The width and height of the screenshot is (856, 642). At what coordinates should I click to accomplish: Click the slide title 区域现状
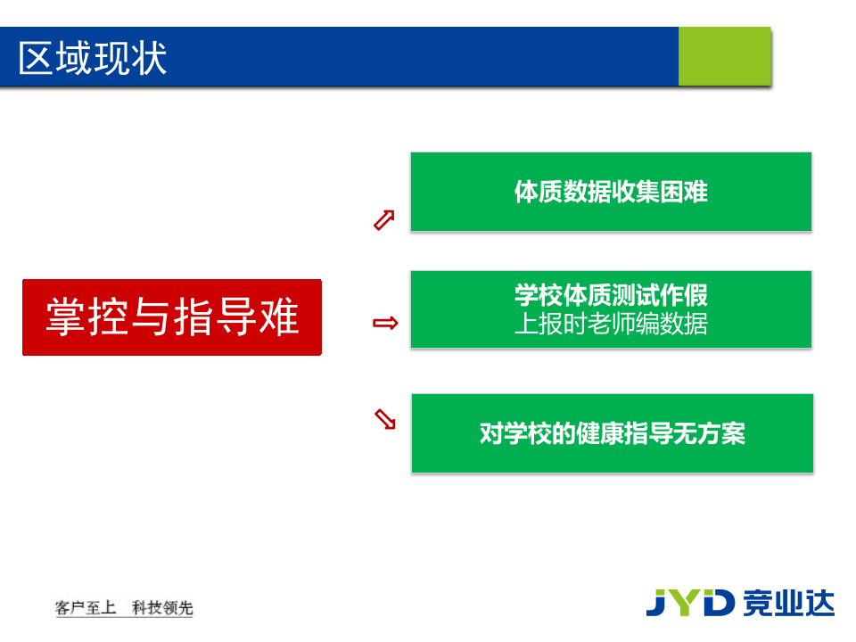click(x=93, y=58)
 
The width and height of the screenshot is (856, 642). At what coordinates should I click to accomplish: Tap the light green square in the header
click(x=723, y=56)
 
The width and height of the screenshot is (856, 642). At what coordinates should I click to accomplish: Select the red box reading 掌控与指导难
click(x=171, y=317)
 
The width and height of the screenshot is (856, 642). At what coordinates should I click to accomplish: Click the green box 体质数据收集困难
click(x=611, y=192)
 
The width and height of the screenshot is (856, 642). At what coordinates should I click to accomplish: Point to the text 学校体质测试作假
click(x=611, y=295)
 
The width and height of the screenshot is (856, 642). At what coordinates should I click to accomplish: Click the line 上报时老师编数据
click(x=611, y=324)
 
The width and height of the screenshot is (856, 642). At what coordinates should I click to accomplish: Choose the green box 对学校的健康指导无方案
click(x=612, y=433)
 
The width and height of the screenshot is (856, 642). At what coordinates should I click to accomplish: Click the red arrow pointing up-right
click(x=383, y=220)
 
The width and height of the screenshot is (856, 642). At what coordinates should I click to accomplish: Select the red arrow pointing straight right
click(x=385, y=323)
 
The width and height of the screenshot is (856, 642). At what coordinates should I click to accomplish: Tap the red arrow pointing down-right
click(x=384, y=419)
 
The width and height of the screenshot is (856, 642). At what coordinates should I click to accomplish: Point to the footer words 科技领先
click(x=162, y=608)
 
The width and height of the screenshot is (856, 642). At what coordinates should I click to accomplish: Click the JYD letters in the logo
click(x=690, y=602)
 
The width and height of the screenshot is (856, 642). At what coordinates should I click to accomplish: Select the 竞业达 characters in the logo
click(x=788, y=602)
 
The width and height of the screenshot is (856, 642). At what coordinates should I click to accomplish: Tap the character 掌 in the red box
click(x=65, y=317)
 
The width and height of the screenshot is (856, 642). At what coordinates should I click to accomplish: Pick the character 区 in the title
click(x=37, y=58)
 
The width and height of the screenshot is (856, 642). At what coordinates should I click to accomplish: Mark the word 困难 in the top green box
click(x=683, y=192)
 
